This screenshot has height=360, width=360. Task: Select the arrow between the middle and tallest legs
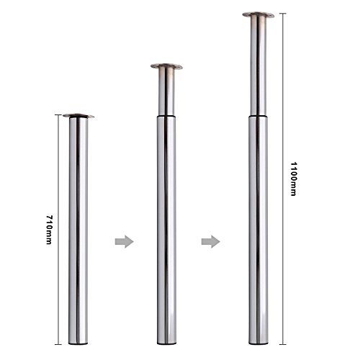pyautogui.click(x=209, y=240)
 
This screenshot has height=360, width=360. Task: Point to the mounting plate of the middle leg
pyautogui.click(x=166, y=67)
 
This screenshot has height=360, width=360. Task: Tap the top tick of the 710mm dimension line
pyautogui.click(x=55, y=113)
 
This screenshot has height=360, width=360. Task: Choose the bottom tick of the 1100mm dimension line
pyautogui.click(x=284, y=343)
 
